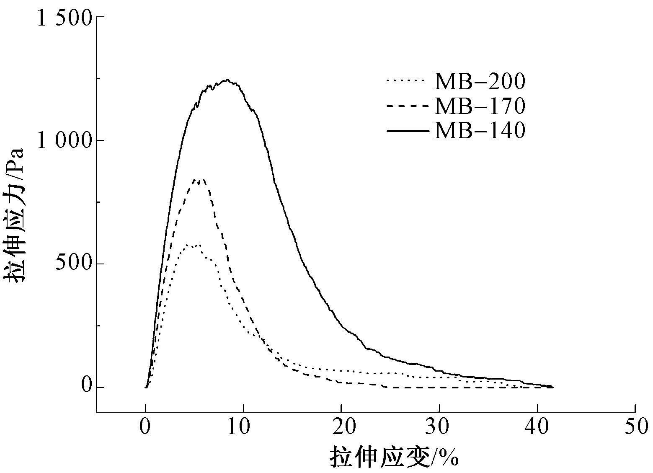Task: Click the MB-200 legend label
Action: point(480,82)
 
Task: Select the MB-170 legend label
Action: point(480,106)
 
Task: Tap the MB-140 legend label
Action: point(480,131)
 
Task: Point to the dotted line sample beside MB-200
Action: point(407,81)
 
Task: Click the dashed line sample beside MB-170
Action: point(407,106)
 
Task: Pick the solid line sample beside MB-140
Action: point(407,131)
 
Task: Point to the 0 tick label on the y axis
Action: point(87,385)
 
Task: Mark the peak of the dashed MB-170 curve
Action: point(199,180)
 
